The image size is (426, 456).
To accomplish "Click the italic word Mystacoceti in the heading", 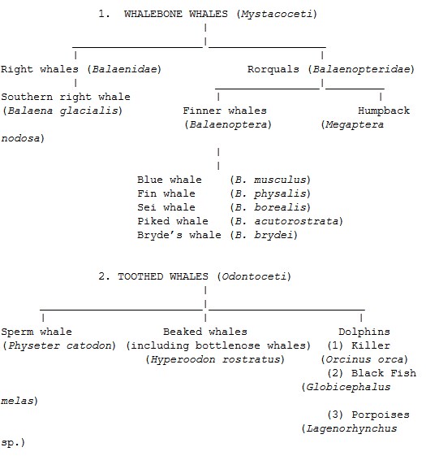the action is (x=277, y=15).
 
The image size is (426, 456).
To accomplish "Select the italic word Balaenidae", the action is (x=125, y=70).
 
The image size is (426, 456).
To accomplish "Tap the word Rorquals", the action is (x=273, y=70).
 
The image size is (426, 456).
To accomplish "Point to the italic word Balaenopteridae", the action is (x=362, y=70).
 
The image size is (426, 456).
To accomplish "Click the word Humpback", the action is (x=384, y=111).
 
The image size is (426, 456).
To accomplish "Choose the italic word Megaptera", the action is (x=355, y=124).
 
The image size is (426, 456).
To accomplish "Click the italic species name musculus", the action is (x=280, y=180).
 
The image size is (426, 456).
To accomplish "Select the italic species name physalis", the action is (x=280, y=193).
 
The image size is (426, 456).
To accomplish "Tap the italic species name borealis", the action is (x=280, y=207).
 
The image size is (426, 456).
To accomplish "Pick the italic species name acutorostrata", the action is (x=296, y=221).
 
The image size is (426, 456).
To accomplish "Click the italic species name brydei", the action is (x=273, y=235).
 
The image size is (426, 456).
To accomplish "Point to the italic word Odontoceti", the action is (x=254, y=276).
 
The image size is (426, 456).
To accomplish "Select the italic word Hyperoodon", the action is (x=183, y=360).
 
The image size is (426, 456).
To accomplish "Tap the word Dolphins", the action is (x=364, y=332).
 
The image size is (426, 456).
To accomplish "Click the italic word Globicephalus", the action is (x=348, y=388).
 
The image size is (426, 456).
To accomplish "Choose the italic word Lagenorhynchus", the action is (x=351, y=429).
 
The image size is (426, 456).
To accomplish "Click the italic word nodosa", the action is (x=20, y=138).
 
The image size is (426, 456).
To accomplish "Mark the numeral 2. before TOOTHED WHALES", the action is (x=104, y=276).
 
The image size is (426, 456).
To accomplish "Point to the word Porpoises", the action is (x=381, y=415).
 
